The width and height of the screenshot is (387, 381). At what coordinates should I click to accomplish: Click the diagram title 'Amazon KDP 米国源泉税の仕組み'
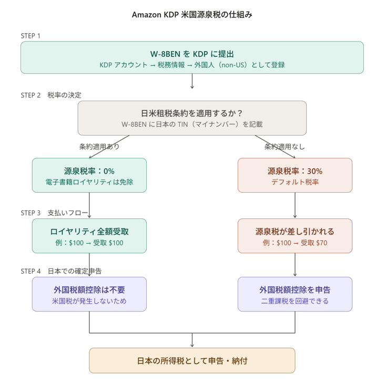[x=192, y=15]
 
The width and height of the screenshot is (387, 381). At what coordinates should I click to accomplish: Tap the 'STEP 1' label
[x=30, y=36]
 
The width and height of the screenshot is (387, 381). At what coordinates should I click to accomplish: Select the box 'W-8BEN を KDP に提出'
[x=192, y=57]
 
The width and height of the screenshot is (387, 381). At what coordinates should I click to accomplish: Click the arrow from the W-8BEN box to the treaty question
[x=192, y=81]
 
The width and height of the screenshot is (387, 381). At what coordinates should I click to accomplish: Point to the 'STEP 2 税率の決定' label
[x=51, y=95]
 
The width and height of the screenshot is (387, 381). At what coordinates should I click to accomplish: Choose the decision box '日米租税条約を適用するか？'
[x=192, y=118]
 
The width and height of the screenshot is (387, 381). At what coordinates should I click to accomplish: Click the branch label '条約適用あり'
[x=99, y=146]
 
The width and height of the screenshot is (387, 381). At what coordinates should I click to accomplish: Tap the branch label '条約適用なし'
[x=284, y=146]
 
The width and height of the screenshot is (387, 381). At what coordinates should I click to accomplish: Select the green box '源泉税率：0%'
[x=89, y=175]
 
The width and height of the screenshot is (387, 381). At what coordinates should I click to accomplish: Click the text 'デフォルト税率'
[x=295, y=182]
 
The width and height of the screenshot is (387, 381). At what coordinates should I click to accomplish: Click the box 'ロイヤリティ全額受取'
[x=89, y=236]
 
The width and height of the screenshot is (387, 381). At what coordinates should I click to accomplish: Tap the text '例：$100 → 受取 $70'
[x=295, y=243]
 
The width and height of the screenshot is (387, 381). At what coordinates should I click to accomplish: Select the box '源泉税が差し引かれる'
[x=295, y=232]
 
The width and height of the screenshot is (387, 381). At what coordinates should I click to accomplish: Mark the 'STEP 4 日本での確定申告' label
[x=61, y=271]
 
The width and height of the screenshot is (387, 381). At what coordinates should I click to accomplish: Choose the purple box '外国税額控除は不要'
[x=89, y=294]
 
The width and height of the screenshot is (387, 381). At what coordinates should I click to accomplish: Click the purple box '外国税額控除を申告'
[x=295, y=294]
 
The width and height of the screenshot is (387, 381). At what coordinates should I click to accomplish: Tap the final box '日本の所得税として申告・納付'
[x=192, y=360]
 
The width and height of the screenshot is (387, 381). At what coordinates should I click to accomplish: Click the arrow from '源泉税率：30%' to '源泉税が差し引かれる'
[x=295, y=205]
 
